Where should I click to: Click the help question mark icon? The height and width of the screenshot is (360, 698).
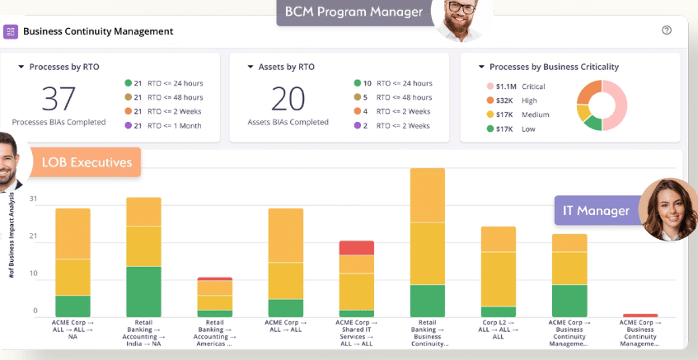[667, 30]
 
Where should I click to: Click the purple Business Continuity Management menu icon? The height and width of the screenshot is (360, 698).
[12, 31]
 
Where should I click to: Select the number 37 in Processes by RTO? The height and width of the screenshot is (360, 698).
[59, 99]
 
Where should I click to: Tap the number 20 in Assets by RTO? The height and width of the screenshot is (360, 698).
[288, 99]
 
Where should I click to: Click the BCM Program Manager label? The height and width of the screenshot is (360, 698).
[354, 12]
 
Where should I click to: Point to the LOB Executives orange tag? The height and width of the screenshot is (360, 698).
[86, 162]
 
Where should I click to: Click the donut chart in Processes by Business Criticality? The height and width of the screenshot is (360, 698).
[602, 105]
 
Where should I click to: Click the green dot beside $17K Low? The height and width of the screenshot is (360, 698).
[490, 129]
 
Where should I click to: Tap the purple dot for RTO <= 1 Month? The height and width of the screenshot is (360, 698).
[129, 125]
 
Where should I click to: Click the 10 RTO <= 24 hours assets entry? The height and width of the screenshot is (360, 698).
[392, 83]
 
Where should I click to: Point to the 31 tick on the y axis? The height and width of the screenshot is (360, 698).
[33, 199]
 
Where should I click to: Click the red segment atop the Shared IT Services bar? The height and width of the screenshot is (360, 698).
[357, 247]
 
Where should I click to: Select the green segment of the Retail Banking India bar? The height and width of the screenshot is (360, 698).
[143, 292]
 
